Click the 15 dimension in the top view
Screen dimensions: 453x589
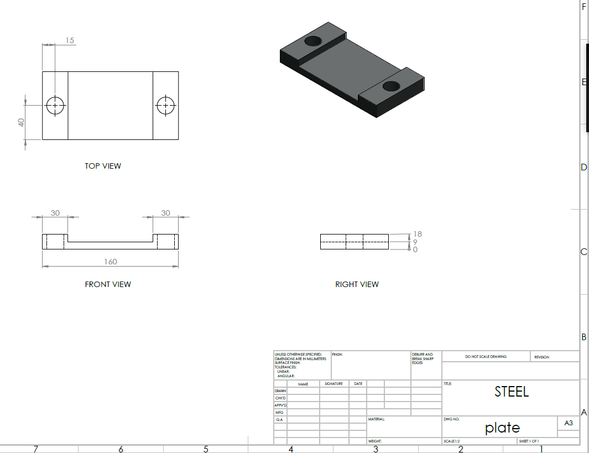click(x=70, y=40)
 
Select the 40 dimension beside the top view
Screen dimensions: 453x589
click(x=22, y=122)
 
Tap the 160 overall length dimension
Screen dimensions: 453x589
click(x=111, y=262)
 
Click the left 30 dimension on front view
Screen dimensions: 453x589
click(x=55, y=213)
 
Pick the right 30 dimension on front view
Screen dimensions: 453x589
click(x=166, y=213)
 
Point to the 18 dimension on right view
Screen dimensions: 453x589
click(x=418, y=235)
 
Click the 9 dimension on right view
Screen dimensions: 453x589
click(x=415, y=242)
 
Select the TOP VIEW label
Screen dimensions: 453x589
click(x=103, y=166)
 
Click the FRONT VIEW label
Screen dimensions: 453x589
click(x=108, y=284)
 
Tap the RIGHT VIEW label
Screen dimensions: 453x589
click(x=357, y=284)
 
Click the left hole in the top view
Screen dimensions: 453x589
click(x=55, y=105)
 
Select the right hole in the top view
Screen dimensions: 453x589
click(x=165, y=105)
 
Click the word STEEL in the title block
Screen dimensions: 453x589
click(x=512, y=392)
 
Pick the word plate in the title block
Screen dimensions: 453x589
click(x=502, y=428)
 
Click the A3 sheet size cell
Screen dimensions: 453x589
click(x=568, y=423)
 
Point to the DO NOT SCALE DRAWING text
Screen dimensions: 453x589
click(x=486, y=357)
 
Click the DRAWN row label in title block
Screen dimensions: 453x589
click(x=280, y=391)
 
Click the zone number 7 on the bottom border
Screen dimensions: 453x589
click(x=36, y=449)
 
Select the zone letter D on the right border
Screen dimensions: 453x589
click(x=583, y=168)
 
